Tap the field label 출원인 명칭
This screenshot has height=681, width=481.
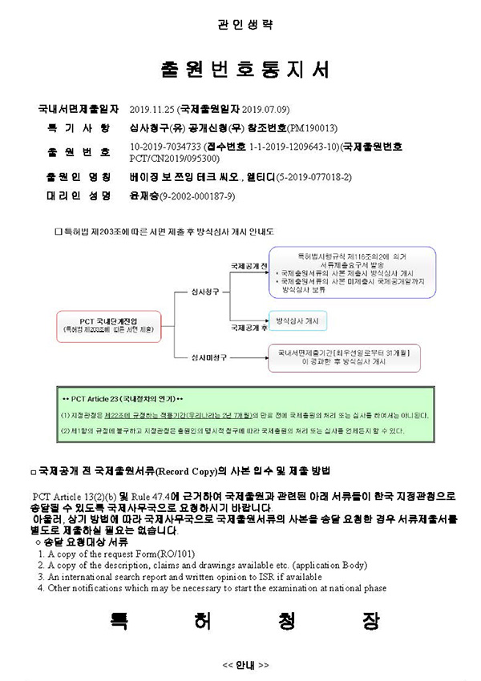point(79,176)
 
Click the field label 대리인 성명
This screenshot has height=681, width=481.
point(79,195)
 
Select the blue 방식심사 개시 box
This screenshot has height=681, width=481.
point(296,320)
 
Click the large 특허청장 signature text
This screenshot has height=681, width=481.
point(245,623)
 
